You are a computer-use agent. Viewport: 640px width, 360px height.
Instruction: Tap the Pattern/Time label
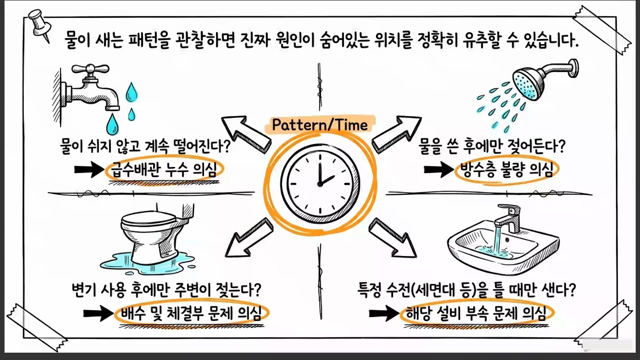coord(320,125)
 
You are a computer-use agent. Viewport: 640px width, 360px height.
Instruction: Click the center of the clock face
coord(320,184)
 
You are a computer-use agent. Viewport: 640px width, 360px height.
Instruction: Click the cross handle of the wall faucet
coord(90,69)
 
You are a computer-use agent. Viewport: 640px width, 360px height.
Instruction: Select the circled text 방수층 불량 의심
coord(507,169)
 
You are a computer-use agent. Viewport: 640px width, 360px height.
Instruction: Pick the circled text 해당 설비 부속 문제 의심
coord(476,313)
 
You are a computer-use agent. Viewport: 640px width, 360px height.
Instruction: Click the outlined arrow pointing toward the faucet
coord(246,134)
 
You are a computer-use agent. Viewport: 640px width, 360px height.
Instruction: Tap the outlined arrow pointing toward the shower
coord(396,134)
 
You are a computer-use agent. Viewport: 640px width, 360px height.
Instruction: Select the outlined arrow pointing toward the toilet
coord(249,237)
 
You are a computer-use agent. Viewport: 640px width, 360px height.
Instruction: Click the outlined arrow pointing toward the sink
coord(393,238)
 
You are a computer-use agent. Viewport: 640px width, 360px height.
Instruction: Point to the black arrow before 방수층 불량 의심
coord(439,169)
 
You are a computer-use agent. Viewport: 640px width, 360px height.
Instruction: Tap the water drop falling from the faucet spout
coord(112,124)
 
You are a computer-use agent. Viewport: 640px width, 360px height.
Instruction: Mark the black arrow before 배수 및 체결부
coord(98,313)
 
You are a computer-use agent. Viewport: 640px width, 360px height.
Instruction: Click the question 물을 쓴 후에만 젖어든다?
coord(492,146)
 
